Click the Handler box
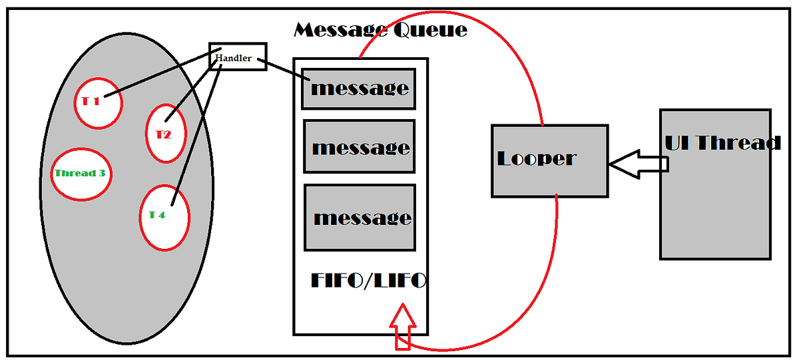pos(238,57)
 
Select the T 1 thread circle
pos(97,103)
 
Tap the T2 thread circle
pos(164,133)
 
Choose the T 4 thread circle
pos(164,217)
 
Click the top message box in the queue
pos(359,89)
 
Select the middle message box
pos(360,146)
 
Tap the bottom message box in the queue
pos(360,218)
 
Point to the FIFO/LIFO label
pos(368,280)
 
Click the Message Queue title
pos(380,30)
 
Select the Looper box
pos(549,160)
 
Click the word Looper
pos(536,158)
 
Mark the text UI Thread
pos(722,142)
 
